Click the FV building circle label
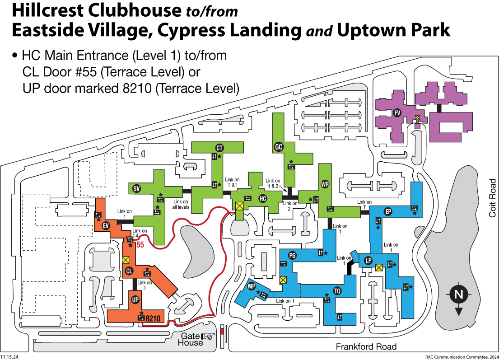point(397,113)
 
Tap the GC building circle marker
point(279,146)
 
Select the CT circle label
point(220,148)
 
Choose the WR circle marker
point(325,184)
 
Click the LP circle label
point(368,261)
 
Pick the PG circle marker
point(292,256)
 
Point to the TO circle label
point(337,290)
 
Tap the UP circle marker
point(135,300)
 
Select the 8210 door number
point(153,318)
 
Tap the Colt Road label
point(492,198)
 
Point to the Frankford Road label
point(366,347)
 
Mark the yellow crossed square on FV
point(418,118)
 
